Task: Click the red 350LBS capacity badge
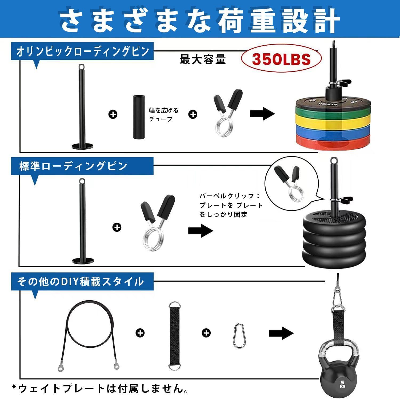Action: coord(281,59)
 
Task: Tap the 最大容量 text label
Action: coord(203,59)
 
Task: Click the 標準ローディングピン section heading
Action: coord(73,166)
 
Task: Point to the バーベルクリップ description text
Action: coord(231,205)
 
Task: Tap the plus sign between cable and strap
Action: coord(140,333)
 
